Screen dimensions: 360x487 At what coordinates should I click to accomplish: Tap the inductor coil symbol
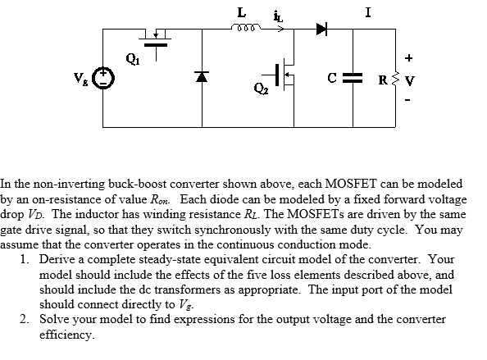pos(243,30)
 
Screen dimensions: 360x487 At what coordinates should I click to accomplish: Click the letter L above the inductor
pos(240,11)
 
